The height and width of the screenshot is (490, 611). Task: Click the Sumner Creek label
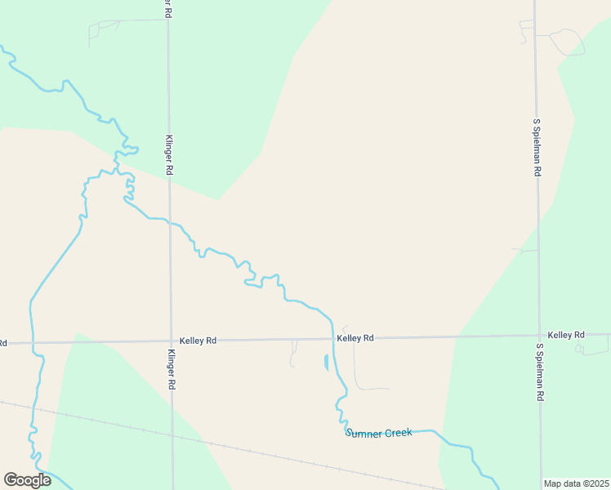point(378,433)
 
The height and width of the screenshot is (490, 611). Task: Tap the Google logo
point(27,479)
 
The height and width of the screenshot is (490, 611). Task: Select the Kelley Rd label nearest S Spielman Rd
point(566,335)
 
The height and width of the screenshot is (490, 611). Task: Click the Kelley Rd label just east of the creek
point(355,337)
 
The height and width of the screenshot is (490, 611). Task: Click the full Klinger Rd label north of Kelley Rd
point(169,155)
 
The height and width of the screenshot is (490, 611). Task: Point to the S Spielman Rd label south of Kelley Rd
point(539,372)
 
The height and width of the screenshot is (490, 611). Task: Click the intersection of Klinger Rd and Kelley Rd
point(171,341)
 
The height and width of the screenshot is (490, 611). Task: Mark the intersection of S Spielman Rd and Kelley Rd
point(538,336)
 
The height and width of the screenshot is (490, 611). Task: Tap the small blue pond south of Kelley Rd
point(326,362)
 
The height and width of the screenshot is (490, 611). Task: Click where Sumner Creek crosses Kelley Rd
point(333,338)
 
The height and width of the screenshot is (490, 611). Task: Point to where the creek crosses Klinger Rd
point(170,221)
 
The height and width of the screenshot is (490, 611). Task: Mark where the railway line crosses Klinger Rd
point(172,433)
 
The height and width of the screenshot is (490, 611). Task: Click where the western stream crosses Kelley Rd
point(31,343)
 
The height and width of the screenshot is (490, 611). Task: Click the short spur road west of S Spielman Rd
point(524,250)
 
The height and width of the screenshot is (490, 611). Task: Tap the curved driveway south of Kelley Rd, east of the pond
point(359,380)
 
